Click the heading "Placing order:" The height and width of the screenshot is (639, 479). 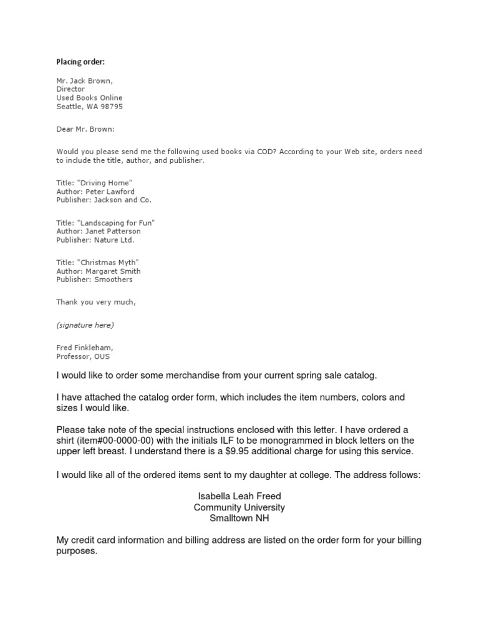point(80,62)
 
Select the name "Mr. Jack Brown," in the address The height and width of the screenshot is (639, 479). point(85,81)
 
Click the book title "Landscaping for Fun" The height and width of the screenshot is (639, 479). point(115,223)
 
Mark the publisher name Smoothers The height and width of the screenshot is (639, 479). point(113,280)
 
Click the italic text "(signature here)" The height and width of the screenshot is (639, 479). point(85,325)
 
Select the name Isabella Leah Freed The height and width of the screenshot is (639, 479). point(239,497)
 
